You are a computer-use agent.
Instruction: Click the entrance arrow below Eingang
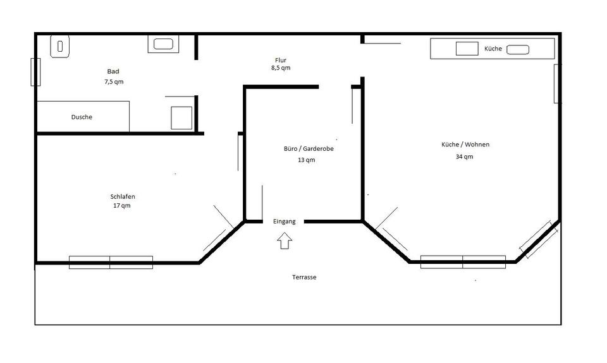click(x=285, y=241)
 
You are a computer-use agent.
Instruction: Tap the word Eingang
click(x=285, y=222)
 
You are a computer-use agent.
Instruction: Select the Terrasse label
click(x=304, y=277)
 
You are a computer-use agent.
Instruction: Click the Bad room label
click(x=113, y=71)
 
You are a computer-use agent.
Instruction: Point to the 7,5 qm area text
click(x=114, y=82)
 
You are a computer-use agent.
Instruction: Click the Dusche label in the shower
click(x=82, y=117)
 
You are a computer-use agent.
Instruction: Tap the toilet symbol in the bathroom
click(x=60, y=46)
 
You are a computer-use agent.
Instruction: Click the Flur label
click(x=281, y=60)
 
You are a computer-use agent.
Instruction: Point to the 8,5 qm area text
click(x=281, y=68)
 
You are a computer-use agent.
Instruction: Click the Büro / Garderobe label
click(x=309, y=149)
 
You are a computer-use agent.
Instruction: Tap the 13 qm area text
click(x=306, y=160)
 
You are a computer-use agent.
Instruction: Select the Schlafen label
click(x=123, y=196)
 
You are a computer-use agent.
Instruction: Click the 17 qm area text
click(x=122, y=206)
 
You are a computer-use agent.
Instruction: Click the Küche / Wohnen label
click(x=465, y=145)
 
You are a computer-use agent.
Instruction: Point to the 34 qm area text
click(x=465, y=157)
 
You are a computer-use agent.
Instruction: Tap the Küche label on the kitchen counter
click(x=493, y=49)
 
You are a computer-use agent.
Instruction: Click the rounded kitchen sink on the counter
click(x=517, y=49)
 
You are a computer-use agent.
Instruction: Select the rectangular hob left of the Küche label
click(x=467, y=49)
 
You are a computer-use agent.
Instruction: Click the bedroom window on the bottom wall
click(x=111, y=262)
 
